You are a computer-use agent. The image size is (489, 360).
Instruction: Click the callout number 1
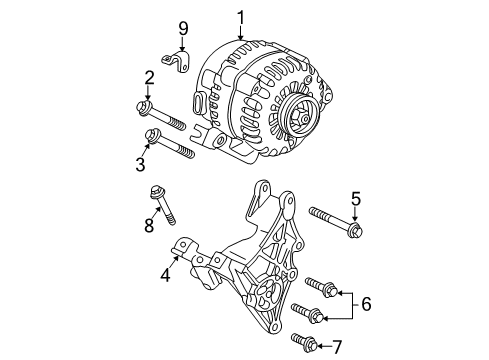[x=241, y=18]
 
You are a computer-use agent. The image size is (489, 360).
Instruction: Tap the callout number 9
[x=183, y=28]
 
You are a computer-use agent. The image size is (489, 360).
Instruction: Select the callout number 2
[x=149, y=78]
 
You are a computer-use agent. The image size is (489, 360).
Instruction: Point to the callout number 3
[x=140, y=164]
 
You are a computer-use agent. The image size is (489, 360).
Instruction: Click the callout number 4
[x=166, y=275]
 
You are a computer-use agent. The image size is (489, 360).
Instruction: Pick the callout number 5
[x=356, y=199]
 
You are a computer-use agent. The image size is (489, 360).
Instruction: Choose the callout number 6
[x=366, y=304]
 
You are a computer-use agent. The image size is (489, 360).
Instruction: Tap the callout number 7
[x=337, y=347]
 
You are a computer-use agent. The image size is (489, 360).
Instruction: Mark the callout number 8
[x=149, y=225]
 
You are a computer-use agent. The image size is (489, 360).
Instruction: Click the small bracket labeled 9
[x=177, y=61]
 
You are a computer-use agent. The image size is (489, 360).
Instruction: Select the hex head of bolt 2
[x=144, y=108]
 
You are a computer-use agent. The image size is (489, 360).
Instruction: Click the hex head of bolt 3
[x=151, y=136]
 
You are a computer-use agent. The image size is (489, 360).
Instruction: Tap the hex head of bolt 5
[x=355, y=230]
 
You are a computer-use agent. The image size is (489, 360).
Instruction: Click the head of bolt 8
[x=157, y=192]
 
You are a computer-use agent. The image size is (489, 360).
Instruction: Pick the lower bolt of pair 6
[x=307, y=313]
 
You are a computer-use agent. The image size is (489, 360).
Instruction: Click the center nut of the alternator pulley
[x=302, y=119]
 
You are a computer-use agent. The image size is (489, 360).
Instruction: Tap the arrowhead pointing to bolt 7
[x=319, y=346]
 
